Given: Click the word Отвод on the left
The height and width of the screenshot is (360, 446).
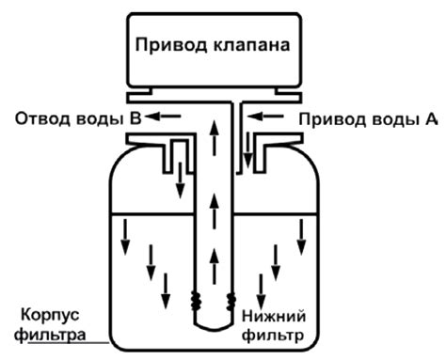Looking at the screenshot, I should tap(39, 119).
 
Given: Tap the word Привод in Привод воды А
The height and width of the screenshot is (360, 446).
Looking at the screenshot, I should tap(326, 119).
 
